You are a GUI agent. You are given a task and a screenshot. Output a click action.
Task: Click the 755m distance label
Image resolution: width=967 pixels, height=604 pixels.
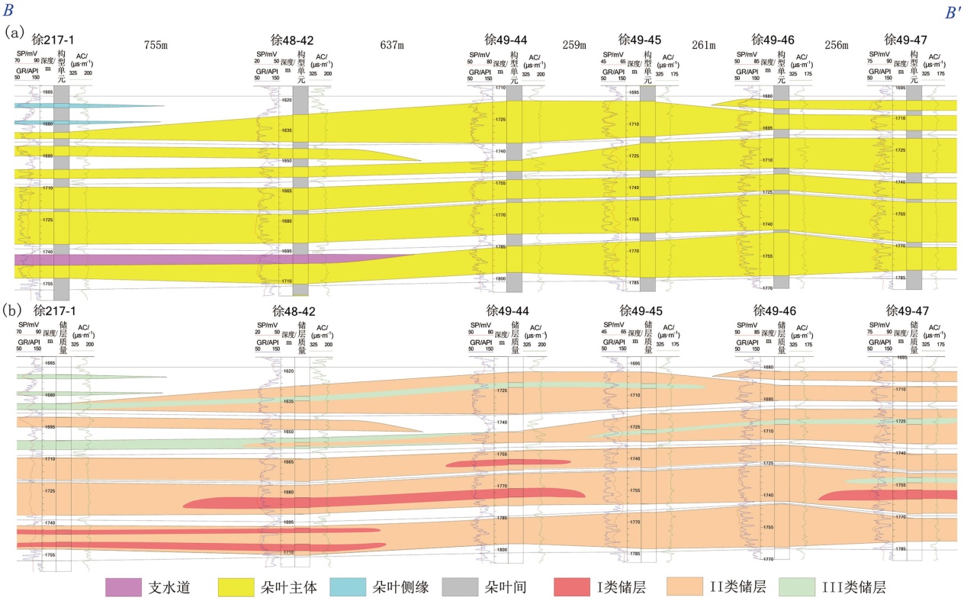point(156,45)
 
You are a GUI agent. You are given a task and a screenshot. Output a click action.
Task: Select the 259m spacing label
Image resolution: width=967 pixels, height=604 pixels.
point(573,45)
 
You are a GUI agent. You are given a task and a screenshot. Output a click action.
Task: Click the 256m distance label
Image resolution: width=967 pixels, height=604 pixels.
point(837,45)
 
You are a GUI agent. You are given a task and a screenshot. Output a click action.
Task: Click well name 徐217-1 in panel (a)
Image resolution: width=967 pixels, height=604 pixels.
point(53,40)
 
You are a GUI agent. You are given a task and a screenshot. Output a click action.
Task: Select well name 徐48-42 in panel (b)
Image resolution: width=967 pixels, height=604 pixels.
point(293,311)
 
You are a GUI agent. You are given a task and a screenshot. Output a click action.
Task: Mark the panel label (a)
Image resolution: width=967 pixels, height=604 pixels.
point(16,33)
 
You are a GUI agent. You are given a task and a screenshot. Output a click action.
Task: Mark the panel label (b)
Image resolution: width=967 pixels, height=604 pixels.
point(13,311)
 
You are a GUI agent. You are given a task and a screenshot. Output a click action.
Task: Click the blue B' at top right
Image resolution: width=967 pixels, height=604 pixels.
point(953,13)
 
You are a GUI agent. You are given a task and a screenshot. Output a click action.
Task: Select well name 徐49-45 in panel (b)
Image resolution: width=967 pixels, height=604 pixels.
point(640,311)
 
